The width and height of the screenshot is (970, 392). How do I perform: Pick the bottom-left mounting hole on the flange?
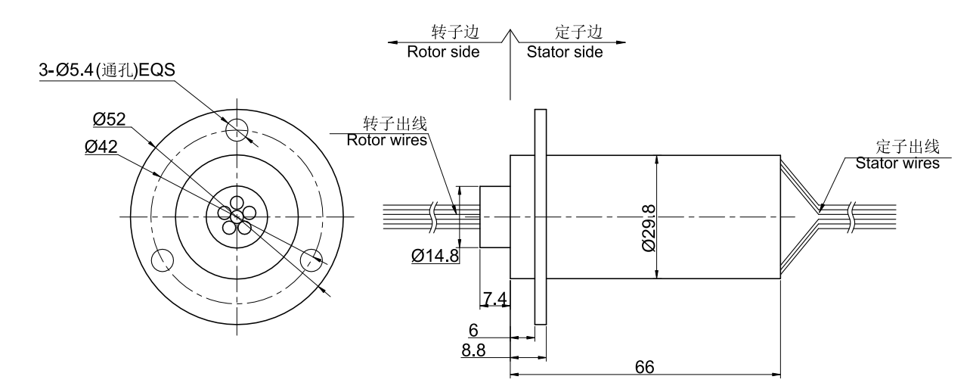162,260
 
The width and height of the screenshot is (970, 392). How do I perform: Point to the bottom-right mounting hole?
311,260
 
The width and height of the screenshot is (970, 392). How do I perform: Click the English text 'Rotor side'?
443,52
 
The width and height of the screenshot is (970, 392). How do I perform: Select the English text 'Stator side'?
565,52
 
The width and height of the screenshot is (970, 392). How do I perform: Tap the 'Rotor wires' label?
386,140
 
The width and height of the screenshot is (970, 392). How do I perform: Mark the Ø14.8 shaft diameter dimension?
435,256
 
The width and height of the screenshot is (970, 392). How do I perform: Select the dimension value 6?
474,331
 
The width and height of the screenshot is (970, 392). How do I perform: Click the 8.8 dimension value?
474,351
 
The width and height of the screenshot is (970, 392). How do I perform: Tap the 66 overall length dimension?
644,366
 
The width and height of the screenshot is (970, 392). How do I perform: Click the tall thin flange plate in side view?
540,216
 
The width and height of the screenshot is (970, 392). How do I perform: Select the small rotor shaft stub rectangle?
495,216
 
